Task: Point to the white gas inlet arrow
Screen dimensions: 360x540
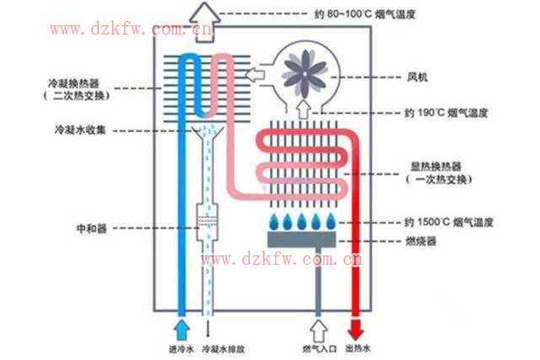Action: coord(318,327)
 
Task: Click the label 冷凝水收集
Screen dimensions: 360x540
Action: coord(77,130)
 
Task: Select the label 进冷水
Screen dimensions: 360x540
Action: coord(181,349)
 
